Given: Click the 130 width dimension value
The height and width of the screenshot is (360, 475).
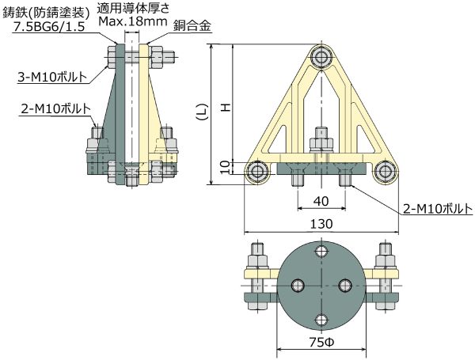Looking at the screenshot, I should pyautogui.click(x=321, y=224).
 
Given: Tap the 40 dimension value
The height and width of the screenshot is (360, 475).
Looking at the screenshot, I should pyautogui.click(x=321, y=201).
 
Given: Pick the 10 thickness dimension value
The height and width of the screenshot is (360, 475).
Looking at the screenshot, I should pyautogui.click(x=225, y=168).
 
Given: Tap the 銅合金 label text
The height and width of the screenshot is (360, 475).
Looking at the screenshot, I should pyautogui.click(x=194, y=25).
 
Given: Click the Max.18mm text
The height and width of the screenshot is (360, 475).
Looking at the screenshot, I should pyautogui.click(x=132, y=22).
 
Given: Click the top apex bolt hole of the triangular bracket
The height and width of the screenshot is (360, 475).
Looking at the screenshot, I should pyautogui.click(x=321, y=57).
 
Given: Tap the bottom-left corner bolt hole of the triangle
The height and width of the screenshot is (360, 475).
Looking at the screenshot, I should pyautogui.click(x=256, y=172).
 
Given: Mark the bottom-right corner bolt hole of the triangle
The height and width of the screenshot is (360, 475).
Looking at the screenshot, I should pyautogui.click(x=385, y=172).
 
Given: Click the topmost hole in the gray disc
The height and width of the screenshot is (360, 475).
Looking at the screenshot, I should pyautogui.click(x=321, y=252).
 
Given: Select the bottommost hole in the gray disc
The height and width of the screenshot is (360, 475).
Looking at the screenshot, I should pyautogui.click(x=321, y=319).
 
